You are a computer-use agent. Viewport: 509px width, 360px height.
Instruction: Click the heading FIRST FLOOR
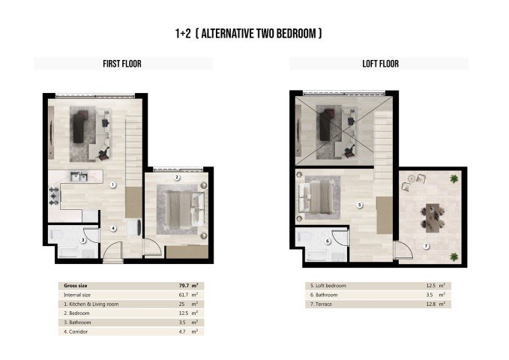coord(121,64)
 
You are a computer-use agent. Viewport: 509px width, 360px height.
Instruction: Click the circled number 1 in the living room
coord(112,184)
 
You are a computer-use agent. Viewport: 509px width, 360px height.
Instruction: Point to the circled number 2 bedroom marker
coord(176,178)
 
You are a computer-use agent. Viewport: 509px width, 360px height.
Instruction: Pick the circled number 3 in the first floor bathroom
coord(82,239)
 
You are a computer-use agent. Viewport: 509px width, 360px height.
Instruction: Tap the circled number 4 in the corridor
coord(113,228)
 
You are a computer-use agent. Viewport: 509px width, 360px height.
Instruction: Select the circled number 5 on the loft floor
coord(360,204)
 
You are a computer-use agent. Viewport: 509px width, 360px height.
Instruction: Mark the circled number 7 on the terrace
coord(426,245)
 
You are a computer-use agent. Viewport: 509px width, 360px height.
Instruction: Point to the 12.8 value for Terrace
coord(429,304)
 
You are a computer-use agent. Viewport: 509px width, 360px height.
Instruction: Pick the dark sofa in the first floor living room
coord(80,125)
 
